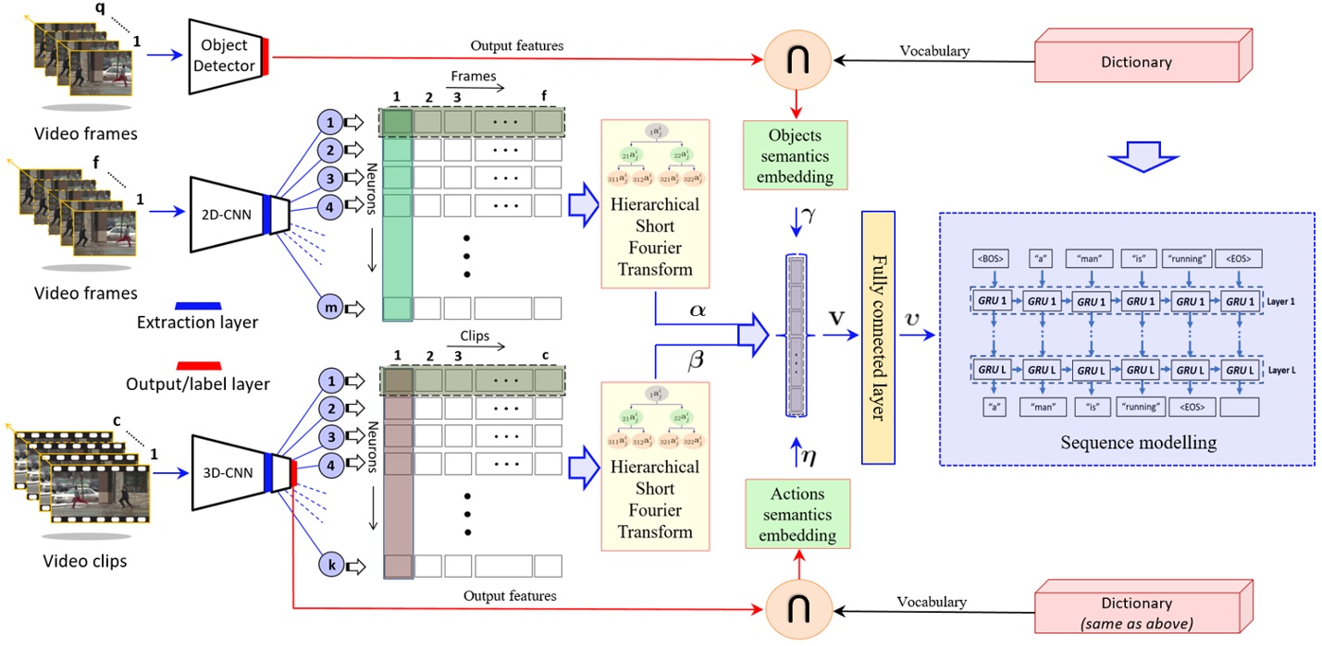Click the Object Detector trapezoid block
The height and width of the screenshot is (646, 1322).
coord(225,56)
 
